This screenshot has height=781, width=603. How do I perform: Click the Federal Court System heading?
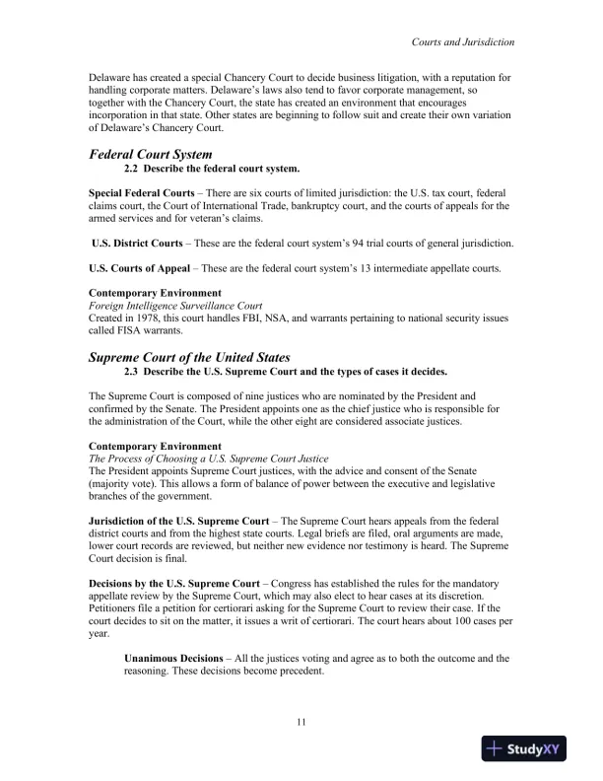pos(150,155)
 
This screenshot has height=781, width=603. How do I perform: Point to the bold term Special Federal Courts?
pos(144,191)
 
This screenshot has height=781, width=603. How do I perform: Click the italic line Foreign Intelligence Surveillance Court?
pos(168,306)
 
